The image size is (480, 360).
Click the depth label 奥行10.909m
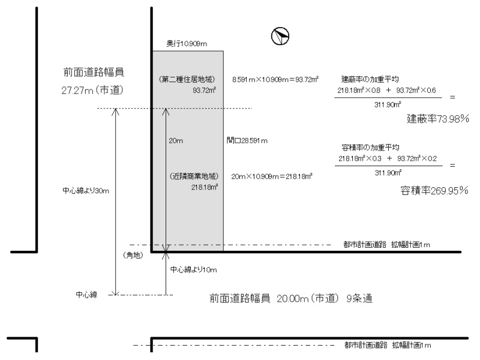click(187, 44)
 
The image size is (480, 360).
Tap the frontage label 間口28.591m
click(247, 140)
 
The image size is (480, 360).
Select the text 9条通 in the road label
click(361, 298)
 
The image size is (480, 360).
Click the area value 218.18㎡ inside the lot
click(204, 187)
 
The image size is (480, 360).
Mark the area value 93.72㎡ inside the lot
click(205, 91)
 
